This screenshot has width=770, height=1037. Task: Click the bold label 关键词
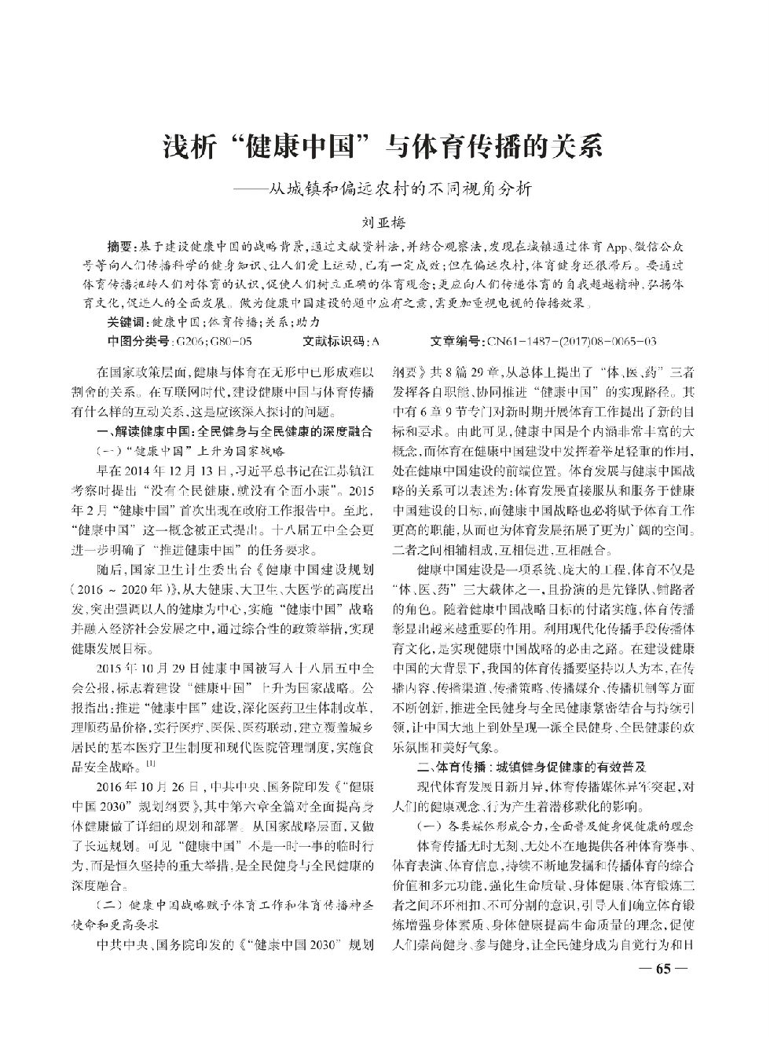tap(126, 322)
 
